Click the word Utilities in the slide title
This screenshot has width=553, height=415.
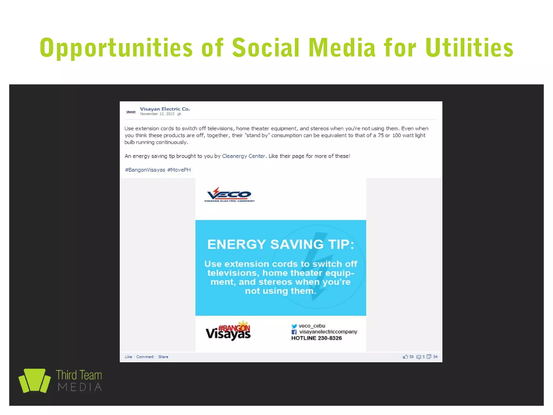click(469, 48)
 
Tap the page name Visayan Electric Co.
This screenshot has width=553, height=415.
click(165, 109)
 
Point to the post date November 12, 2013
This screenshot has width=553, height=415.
click(157, 114)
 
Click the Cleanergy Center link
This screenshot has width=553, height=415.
click(243, 156)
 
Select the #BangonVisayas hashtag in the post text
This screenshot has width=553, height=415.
click(145, 170)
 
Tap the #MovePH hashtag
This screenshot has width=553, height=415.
click(179, 170)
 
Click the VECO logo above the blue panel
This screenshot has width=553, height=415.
click(229, 195)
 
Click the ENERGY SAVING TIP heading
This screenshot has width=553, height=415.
click(281, 244)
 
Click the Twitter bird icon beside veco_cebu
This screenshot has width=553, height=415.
click(294, 326)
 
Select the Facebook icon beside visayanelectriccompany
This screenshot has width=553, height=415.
click(294, 332)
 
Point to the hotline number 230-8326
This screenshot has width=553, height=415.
click(330, 338)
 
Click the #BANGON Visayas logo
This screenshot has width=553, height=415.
click(228, 331)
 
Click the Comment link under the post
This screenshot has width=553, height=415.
click(145, 357)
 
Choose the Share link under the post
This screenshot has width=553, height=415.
click(163, 357)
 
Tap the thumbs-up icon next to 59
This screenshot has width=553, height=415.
click(405, 357)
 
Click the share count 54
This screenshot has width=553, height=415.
click(435, 357)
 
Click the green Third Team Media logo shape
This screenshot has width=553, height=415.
click(35, 380)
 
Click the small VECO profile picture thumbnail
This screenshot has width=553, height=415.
click(131, 112)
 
